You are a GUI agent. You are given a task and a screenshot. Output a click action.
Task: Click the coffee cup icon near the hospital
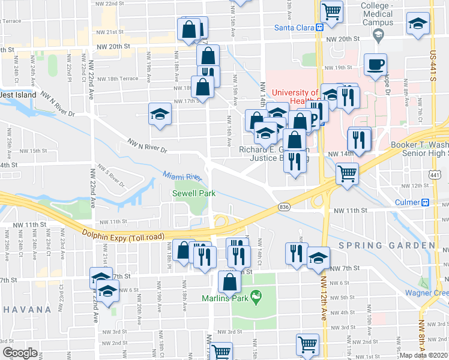click(x=375, y=64)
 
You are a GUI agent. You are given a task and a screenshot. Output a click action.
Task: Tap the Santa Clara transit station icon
click(x=320, y=26)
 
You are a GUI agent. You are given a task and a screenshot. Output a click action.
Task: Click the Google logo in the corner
click(x=20, y=353)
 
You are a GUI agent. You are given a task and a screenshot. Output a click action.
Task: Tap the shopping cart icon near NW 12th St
click(x=347, y=173)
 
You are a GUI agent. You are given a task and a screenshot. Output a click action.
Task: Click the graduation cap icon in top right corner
click(x=418, y=23)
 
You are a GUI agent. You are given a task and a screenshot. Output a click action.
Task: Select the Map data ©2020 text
click(x=424, y=355)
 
